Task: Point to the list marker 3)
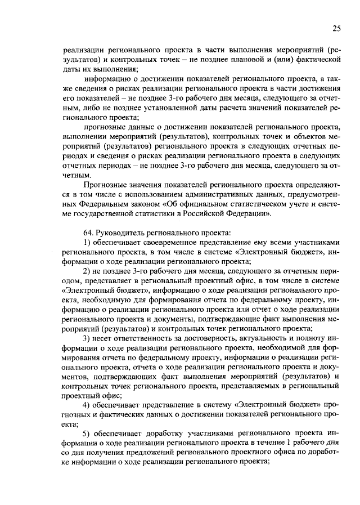87,338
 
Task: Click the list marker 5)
87,433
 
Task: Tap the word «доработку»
167,433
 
